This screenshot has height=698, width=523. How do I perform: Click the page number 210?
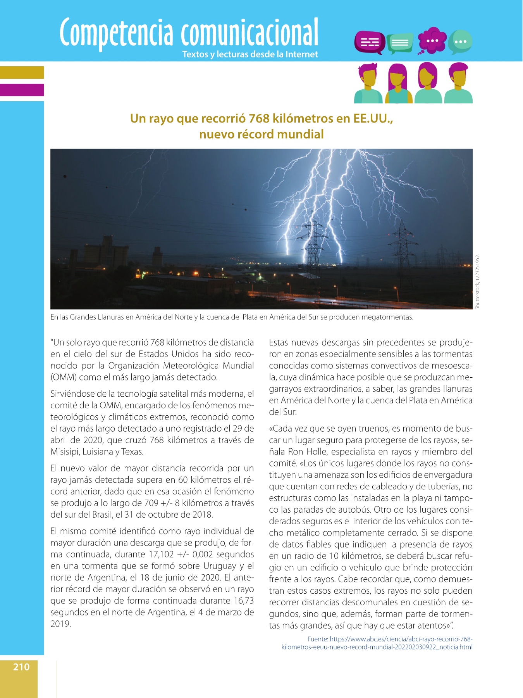pyautogui.click(x=21, y=667)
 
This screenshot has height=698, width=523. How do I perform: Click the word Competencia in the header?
pyautogui.click(x=116, y=33)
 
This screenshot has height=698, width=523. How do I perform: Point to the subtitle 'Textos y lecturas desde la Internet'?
pyautogui.click(x=250, y=54)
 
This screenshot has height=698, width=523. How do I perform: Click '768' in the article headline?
pyautogui.click(x=259, y=118)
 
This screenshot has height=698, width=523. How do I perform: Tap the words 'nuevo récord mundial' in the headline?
pyautogui.click(x=261, y=134)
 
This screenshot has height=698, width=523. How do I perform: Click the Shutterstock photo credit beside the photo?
pyautogui.click(x=478, y=281)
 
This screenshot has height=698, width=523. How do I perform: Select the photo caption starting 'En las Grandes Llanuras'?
pyautogui.click(x=232, y=317)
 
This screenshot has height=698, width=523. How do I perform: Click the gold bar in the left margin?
pyautogui.click(x=22, y=73)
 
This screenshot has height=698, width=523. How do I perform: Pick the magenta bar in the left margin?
pyautogui.click(x=22, y=90)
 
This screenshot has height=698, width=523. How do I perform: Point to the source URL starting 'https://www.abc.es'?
pyautogui.click(x=401, y=639)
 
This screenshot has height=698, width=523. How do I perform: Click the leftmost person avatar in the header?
pyautogui.click(x=368, y=83)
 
